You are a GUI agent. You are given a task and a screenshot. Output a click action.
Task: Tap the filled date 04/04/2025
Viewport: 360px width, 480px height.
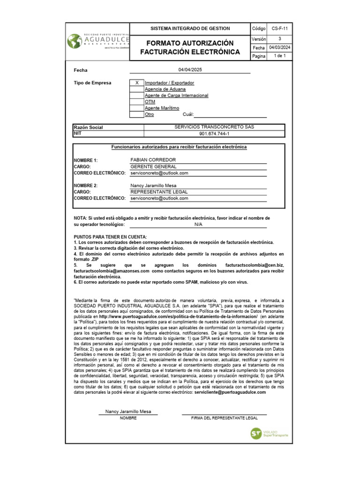click(x=190, y=70)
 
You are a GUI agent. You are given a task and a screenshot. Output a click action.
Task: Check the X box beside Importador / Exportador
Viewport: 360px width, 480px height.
click(x=136, y=83)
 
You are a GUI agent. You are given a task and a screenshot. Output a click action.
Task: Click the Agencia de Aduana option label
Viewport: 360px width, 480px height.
click(x=165, y=89)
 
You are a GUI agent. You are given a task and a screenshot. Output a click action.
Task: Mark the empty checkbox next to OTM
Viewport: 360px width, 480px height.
click(x=136, y=102)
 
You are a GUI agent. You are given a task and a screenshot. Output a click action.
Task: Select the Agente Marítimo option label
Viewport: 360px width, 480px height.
click(x=162, y=108)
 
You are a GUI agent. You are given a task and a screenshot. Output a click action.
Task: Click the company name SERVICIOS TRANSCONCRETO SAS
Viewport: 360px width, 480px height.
click(x=214, y=127)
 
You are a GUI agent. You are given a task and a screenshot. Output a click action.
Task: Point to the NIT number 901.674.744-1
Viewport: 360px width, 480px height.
click(x=214, y=134)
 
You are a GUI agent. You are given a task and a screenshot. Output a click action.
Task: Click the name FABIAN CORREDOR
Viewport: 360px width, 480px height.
click(x=153, y=160)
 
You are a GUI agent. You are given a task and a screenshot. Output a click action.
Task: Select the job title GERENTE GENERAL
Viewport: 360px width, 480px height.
click(x=153, y=166)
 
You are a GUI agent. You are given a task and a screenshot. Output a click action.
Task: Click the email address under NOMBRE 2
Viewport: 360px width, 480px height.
click(x=159, y=198)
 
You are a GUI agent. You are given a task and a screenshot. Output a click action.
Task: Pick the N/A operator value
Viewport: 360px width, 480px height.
click(x=198, y=225)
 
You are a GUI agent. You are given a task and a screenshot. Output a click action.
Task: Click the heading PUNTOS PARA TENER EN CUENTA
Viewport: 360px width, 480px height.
click(x=110, y=237)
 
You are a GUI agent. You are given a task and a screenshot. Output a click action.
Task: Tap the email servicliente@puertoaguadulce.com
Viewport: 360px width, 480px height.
click(x=230, y=393)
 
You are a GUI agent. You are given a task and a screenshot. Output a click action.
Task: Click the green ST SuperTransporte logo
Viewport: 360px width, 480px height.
click(x=256, y=434)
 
